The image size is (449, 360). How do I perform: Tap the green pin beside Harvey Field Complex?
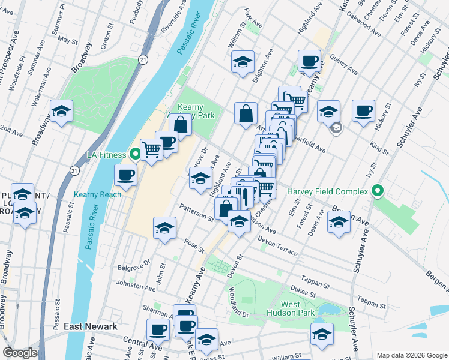[377, 192]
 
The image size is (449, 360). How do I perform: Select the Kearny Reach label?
[98, 194]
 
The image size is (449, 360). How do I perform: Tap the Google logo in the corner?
[20, 353]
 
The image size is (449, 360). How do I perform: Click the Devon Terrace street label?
[277, 247]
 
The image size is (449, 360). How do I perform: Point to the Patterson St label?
[197, 213]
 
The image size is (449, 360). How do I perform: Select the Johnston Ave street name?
[131, 283]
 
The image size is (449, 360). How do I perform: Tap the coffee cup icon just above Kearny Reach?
[126, 175]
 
